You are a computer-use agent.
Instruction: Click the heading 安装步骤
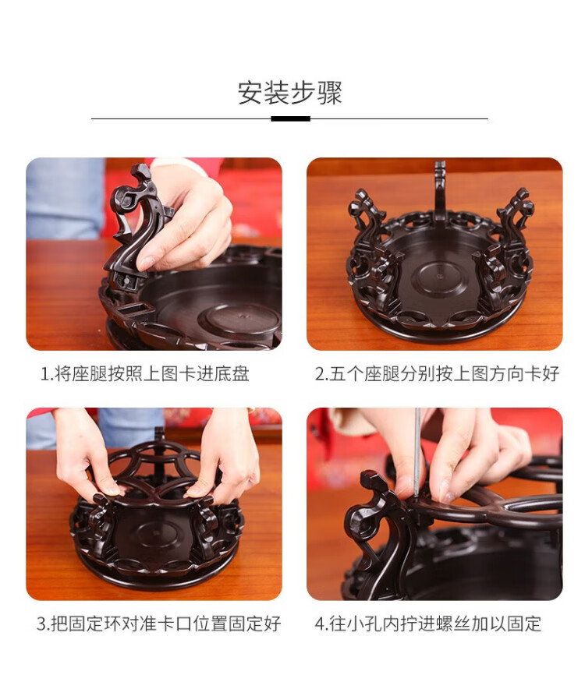pos(290,93)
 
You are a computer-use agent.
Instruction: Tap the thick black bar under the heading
pos(290,118)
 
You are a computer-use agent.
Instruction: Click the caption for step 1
pos(145,374)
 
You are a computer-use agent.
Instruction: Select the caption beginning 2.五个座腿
pos(437,374)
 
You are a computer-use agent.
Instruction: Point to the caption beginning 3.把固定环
pos(158,624)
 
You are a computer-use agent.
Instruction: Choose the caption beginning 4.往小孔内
pos(428,624)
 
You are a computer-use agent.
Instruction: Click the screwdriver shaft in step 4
pos(417,452)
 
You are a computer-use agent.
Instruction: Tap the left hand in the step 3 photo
pos(87,457)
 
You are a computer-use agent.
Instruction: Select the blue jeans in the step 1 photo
pos(66,199)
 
